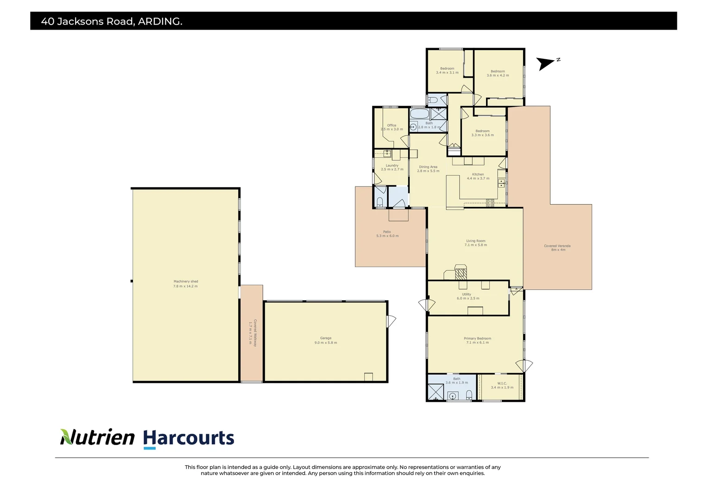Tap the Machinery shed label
pos(185,284)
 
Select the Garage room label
pos(326,340)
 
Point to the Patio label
pos(387,234)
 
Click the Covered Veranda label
pos(557,248)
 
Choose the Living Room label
pos(475,243)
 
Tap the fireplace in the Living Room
pos(461,273)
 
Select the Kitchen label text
pos(478,176)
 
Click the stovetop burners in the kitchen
pos(490,202)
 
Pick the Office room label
pos(392,127)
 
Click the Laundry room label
pos(392,167)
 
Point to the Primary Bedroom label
pos(477,340)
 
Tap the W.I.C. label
pos(502,385)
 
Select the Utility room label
pos(467,296)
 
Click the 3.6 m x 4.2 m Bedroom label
pos(498,73)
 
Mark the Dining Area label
pos(428,169)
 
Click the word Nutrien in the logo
pos(97,437)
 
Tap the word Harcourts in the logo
pos(189,438)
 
